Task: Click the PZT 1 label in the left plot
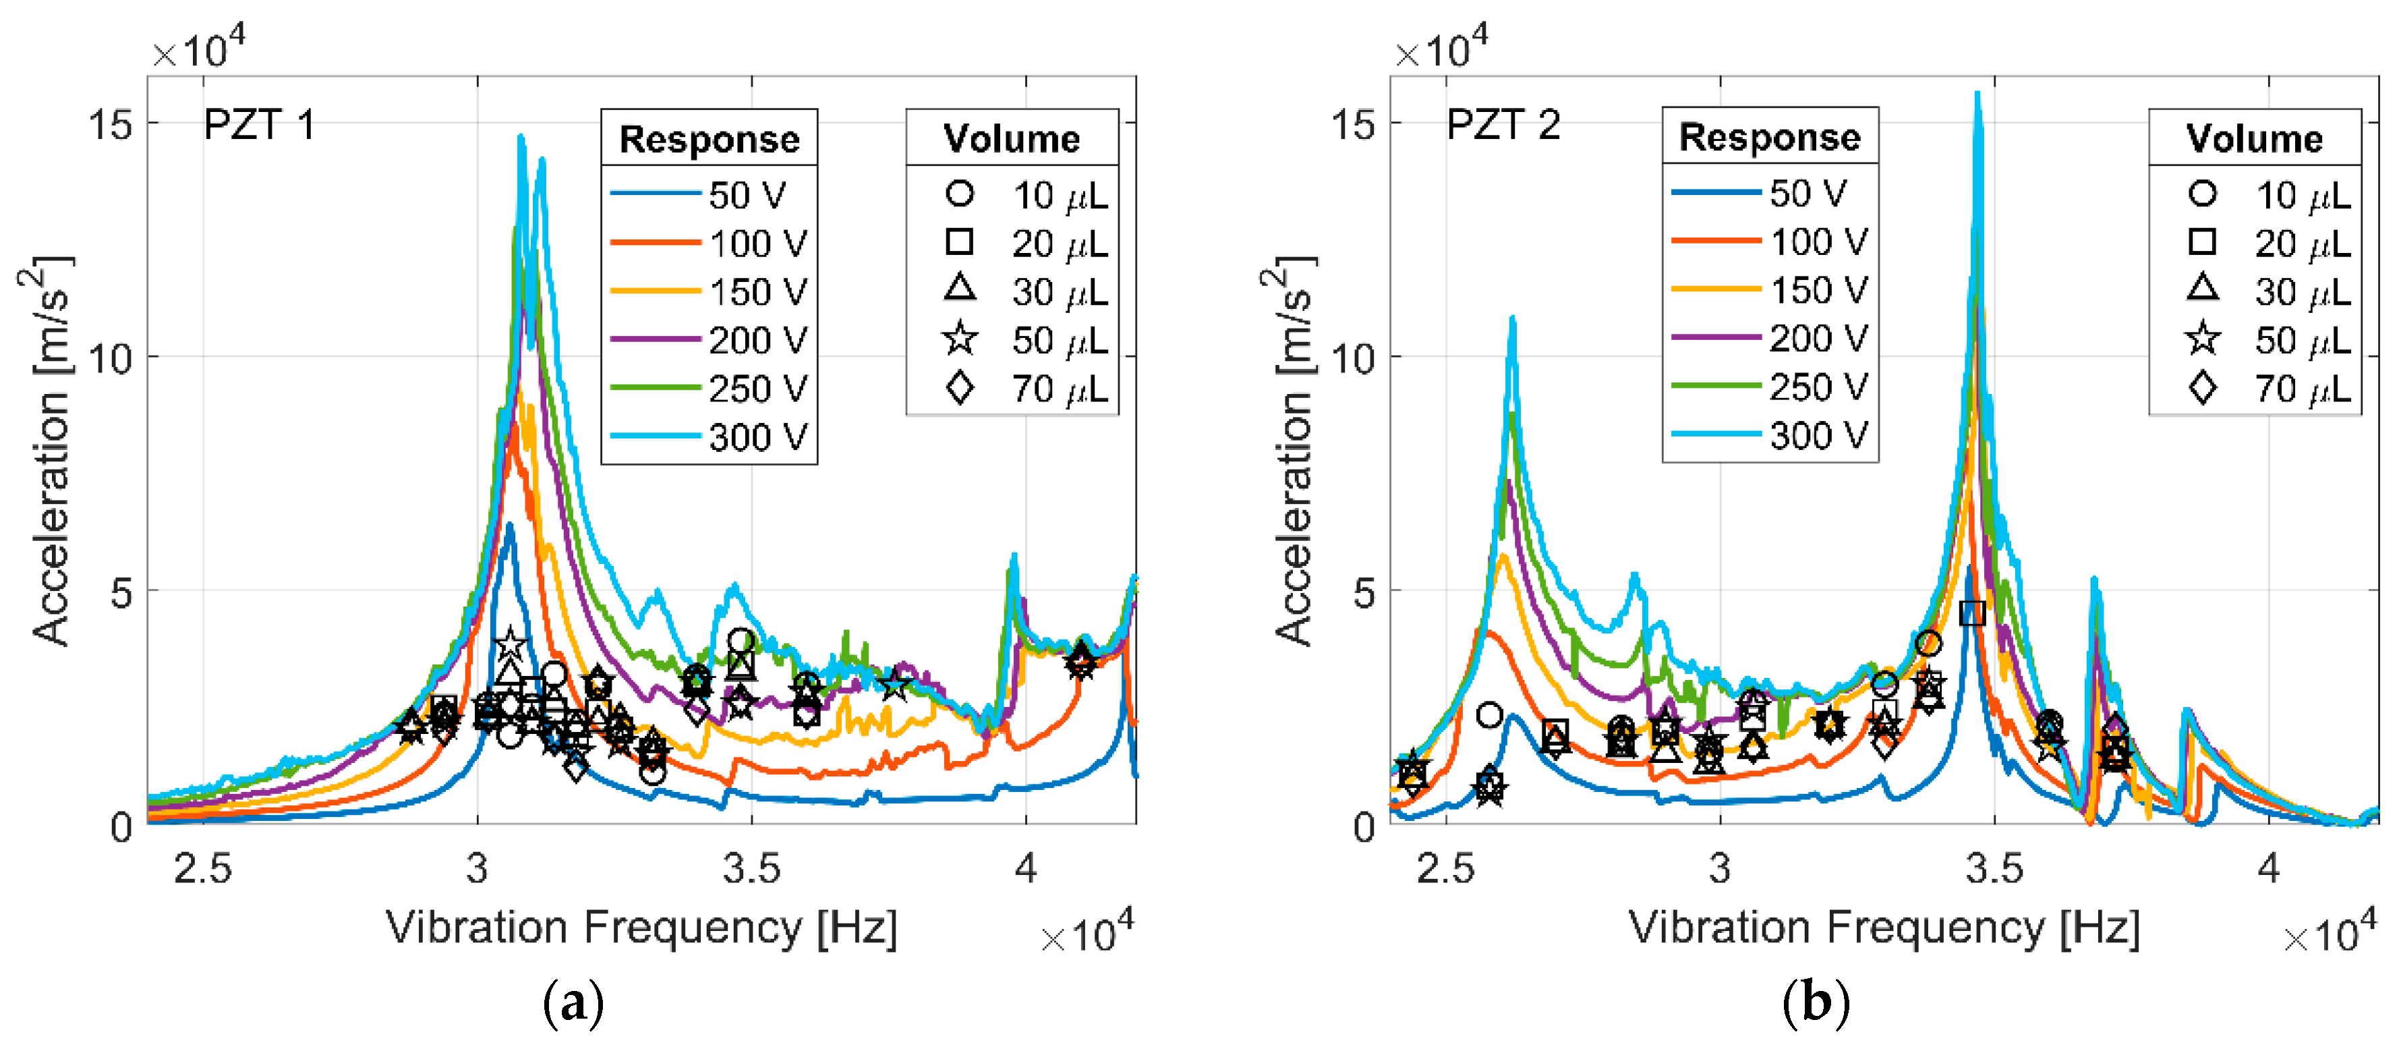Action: (259, 125)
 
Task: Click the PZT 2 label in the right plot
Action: (1502, 125)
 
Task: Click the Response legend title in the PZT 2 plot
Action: (1770, 137)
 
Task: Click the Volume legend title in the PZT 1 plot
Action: (1012, 138)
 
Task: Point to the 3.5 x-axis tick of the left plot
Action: (751, 868)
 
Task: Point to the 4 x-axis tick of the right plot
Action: (2269, 868)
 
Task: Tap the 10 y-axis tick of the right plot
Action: (1353, 358)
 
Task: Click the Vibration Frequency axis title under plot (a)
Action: (641, 927)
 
